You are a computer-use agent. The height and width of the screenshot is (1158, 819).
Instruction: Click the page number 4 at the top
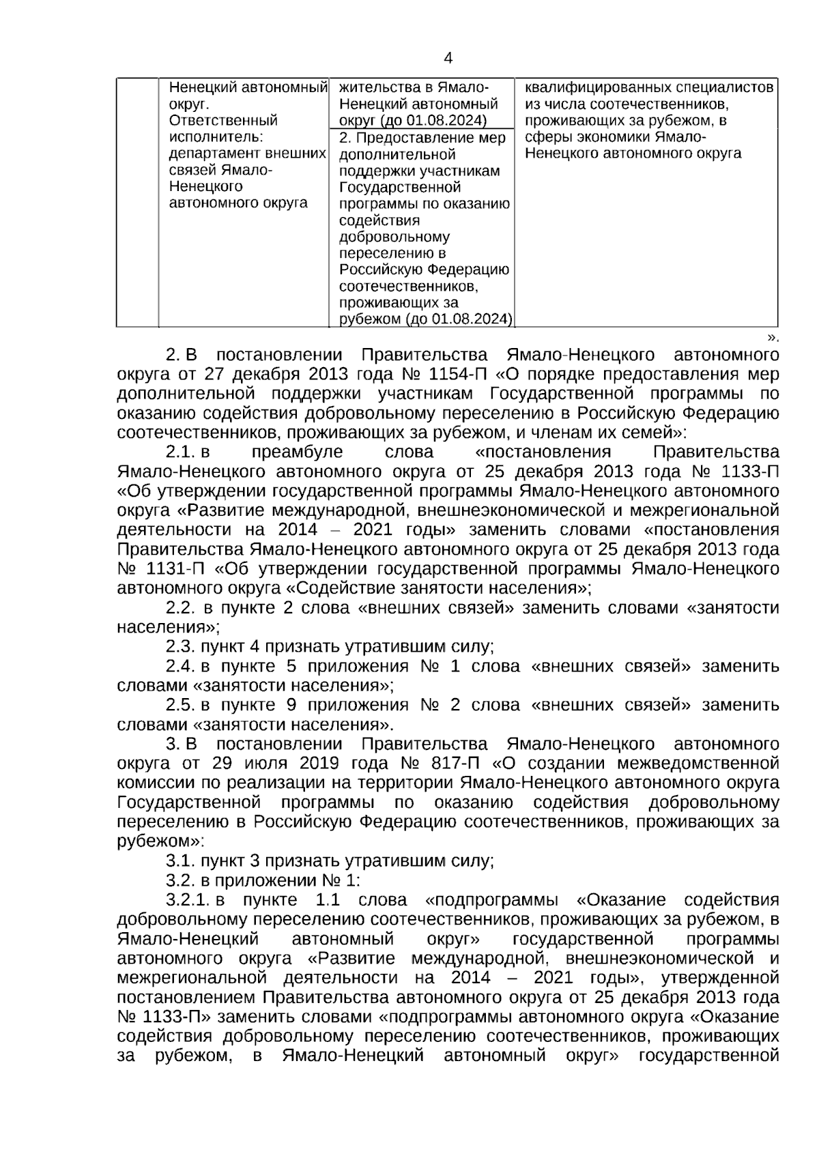click(448, 59)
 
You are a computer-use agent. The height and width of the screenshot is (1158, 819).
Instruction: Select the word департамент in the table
click(212, 154)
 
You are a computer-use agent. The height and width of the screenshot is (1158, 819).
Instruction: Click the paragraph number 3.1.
click(179, 860)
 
